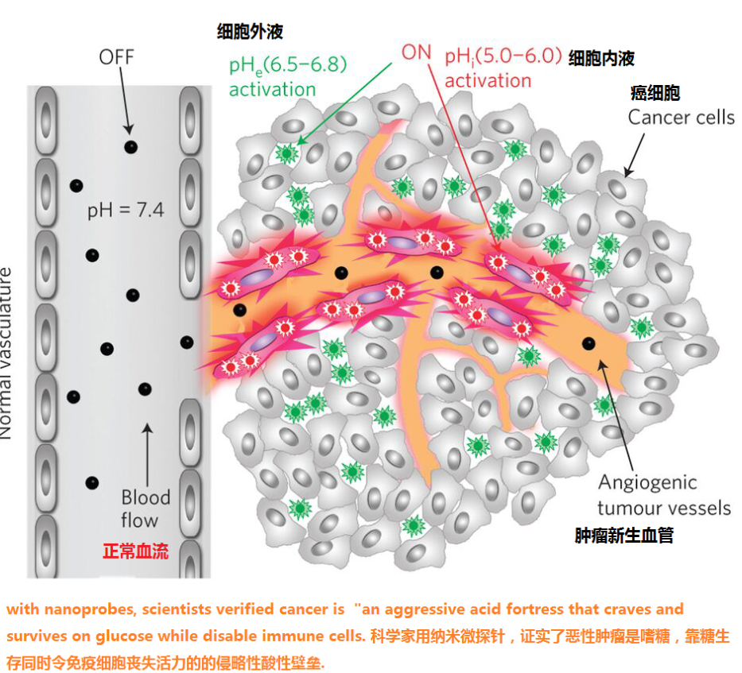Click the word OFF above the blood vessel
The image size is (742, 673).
(116, 57)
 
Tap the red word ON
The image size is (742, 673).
(417, 52)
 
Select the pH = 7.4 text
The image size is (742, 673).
(126, 211)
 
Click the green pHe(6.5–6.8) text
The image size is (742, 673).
(288, 65)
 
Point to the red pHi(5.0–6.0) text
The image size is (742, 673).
(503, 56)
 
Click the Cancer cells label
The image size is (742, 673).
(682, 118)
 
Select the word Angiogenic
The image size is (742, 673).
(647, 483)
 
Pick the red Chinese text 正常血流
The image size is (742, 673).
(136, 551)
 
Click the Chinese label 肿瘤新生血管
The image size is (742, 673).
(624, 536)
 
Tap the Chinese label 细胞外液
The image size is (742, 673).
(250, 31)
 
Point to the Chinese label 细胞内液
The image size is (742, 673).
(601, 58)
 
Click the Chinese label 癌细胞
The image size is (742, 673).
(655, 93)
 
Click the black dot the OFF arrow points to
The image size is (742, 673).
(130, 147)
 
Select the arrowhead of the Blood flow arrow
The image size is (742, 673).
(147, 428)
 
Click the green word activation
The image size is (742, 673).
(273, 89)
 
